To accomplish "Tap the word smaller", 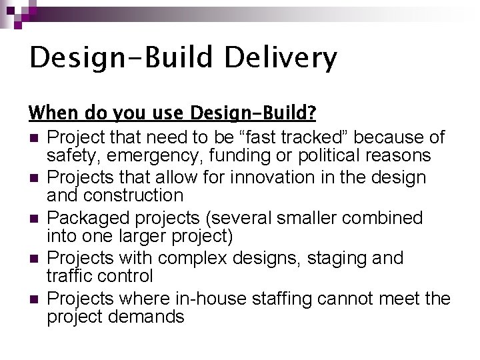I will pyautogui.click(x=292, y=218).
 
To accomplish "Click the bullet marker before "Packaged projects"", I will pyautogui.click(x=33, y=219).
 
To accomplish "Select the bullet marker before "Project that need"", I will pyautogui.click(x=33, y=138).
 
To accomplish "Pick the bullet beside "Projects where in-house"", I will pyautogui.click(x=33, y=299).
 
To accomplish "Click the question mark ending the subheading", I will pyautogui.click(x=311, y=112).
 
